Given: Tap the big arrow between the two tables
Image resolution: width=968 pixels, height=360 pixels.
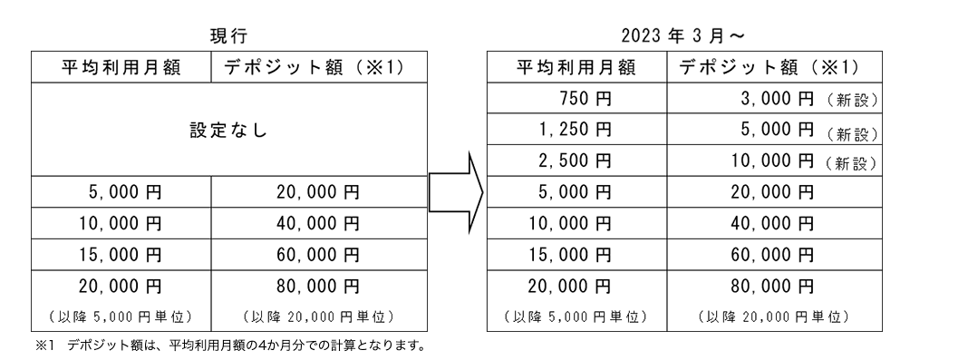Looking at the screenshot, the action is point(452,195).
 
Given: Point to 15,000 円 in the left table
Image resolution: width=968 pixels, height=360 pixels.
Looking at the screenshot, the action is point(120,253).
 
